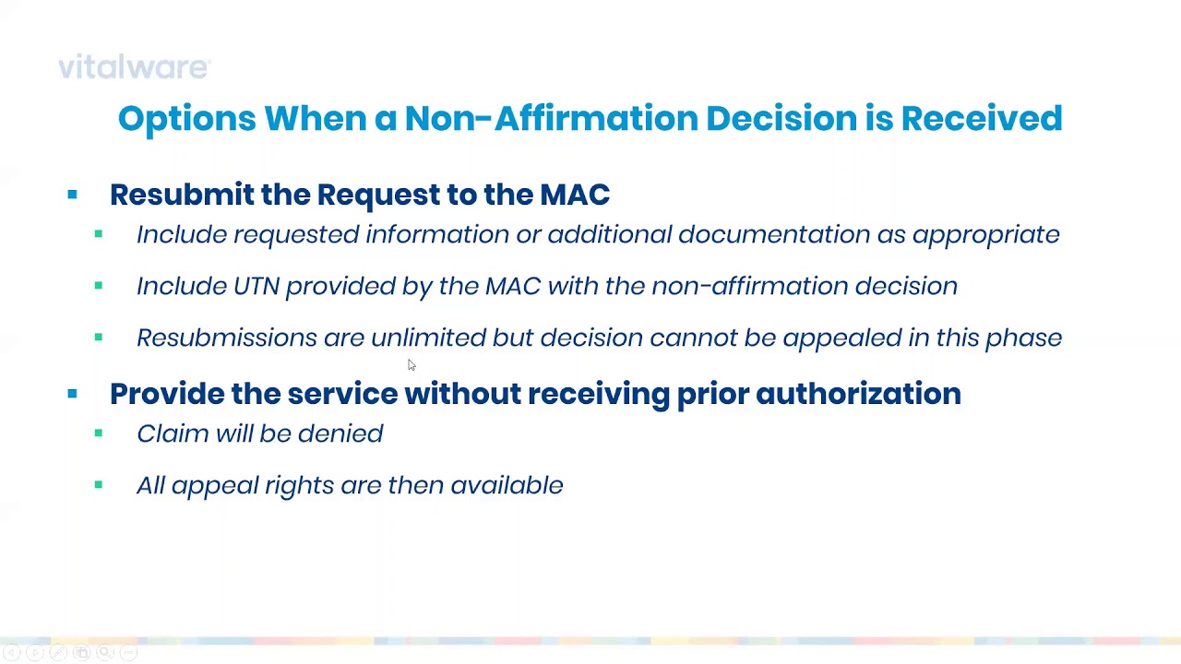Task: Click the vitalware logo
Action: [x=134, y=67]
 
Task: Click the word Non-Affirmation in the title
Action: [x=550, y=118]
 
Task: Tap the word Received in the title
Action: [x=981, y=118]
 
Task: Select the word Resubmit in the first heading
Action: [x=181, y=195]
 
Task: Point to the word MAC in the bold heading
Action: [x=574, y=195]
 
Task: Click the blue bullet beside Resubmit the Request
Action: [x=72, y=195]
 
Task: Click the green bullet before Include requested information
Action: [x=99, y=234]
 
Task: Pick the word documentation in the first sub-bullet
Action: [x=773, y=234]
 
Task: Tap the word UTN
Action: [x=256, y=286]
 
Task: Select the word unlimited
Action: [x=428, y=338]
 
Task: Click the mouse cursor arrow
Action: [x=411, y=365]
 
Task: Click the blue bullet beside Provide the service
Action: [x=72, y=394]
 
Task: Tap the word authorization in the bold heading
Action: [x=857, y=394]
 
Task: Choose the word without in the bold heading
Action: [x=462, y=394]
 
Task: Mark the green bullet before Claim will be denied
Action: [x=99, y=433]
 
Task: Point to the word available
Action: [x=507, y=485]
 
